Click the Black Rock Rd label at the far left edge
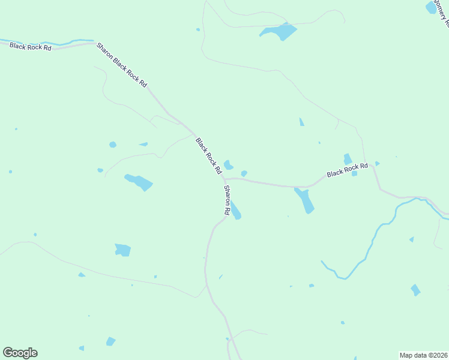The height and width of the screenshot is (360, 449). [30, 46]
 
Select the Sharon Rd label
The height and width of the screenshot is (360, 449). [228, 200]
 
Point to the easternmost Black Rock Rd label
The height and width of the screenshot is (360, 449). [347, 170]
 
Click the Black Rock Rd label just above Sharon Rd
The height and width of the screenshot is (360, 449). [209, 155]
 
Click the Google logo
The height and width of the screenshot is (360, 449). [20, 353]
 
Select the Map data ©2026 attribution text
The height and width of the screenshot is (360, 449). [423, 355]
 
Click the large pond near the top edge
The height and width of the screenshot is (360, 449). [280, 31]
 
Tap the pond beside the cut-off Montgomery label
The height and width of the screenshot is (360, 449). [431, 7]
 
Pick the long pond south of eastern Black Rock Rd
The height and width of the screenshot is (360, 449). [304, 200]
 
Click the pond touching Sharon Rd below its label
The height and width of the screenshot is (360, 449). [236, 212]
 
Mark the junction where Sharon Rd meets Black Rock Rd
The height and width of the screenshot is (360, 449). [224, 179]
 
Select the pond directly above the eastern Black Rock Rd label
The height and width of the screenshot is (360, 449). [348, 159]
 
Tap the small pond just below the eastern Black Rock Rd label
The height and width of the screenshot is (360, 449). [354, 174]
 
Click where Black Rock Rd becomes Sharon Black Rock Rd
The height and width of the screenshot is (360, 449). [94, 43]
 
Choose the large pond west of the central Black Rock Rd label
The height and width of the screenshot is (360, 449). [139, 181]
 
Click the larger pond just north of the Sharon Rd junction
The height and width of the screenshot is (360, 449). [228, 164]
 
